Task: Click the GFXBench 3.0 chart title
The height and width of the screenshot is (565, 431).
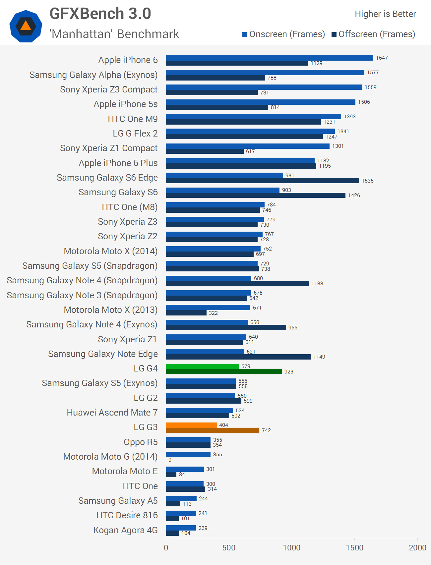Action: coord(100,14)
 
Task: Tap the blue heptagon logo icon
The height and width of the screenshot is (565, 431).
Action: coord(26,26)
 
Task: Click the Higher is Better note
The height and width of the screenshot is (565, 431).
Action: coord(385,14)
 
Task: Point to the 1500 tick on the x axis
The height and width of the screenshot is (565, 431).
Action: coord(355,547)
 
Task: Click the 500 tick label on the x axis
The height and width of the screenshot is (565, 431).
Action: coord(229,547)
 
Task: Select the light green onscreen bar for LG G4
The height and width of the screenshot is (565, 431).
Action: coord(202,366)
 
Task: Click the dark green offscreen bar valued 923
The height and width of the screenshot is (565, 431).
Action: coord(224,371)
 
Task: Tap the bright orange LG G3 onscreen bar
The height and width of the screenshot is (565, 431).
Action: coord(191,425)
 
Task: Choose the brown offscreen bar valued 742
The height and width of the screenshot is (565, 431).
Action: coord(213,430)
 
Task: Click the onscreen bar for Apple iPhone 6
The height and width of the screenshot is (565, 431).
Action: coord(270,58)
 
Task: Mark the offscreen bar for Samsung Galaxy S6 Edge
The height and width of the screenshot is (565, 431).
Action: coord(262,181)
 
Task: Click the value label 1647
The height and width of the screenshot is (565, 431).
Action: coord(382,58)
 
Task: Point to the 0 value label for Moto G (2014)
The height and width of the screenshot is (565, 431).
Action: coord(170,460)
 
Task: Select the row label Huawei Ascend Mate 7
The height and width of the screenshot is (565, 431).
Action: coord(112,412)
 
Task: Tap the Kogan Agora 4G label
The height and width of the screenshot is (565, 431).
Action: coord(125,530)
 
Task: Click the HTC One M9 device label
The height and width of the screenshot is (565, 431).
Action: coord(133,119)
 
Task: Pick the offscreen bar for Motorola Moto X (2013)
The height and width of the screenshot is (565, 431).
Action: coord(186,313)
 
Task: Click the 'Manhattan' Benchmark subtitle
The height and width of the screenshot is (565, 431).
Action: coord(114,34)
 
